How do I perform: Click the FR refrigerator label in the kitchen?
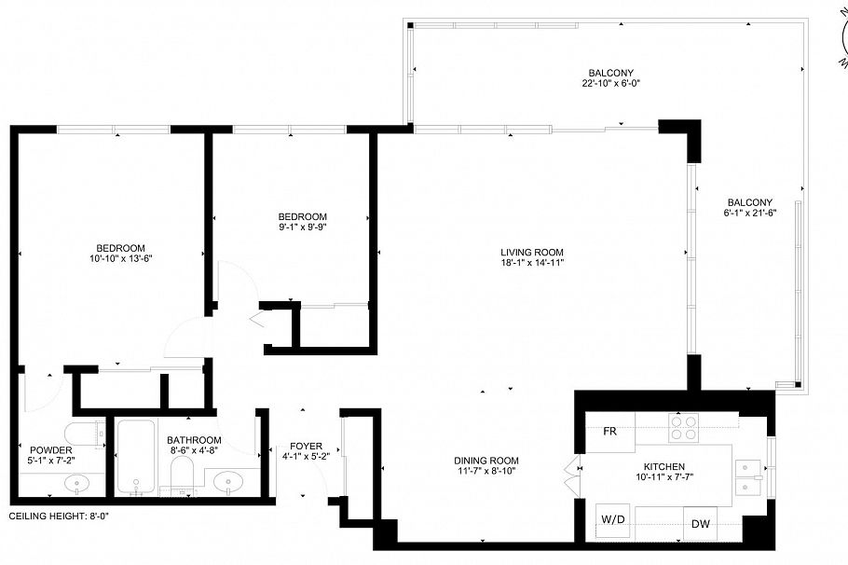pos(610,432)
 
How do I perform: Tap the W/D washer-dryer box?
pos(612,519)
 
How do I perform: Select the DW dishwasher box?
pos(700,523)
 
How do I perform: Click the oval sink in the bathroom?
pos(228,482)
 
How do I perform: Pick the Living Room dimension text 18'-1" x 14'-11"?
pos(531,263)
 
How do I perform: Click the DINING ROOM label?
pos(486,461)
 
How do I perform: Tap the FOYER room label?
pos(306,446)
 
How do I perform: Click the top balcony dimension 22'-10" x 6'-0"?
pos(610,83)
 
